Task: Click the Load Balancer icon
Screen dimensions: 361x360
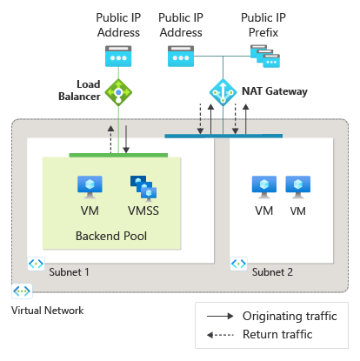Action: pos(117,90)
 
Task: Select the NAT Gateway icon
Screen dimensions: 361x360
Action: pos(222,90)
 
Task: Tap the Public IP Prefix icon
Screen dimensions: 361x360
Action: pos(263,57)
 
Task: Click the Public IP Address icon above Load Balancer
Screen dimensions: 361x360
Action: pos(117,57)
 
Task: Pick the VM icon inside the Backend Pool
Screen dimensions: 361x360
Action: pos(90,186)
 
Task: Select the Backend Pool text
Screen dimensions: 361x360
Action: pos(110,236)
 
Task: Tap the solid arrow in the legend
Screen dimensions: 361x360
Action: pos(219,315)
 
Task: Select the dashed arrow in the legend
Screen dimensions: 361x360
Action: pos(219,333)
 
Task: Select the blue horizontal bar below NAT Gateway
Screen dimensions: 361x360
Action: pos(223,136)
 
